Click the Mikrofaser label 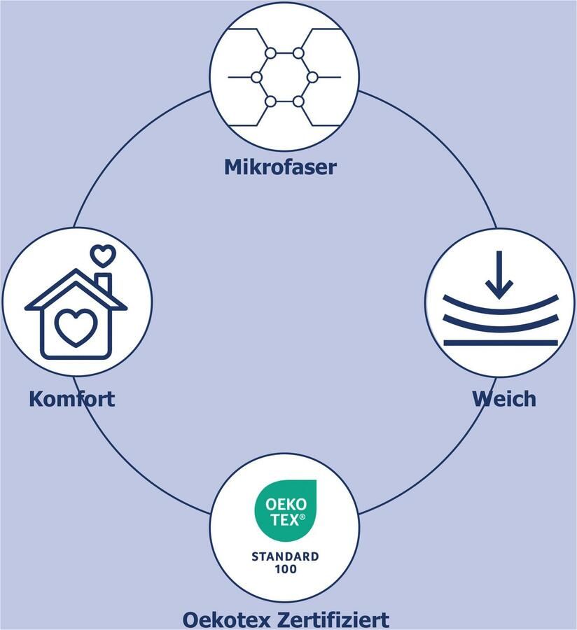click(280, 167)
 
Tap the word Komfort click(71, 399)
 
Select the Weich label click(503, 399)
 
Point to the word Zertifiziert click(337, 619)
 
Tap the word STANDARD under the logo click(285, 556)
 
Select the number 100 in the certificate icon click(285, 569)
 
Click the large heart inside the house click(76, 327)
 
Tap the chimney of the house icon click(104, 283)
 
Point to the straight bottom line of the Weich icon click(500, 343)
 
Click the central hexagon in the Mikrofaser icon click(284, 77)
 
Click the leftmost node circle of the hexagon click(256, 77)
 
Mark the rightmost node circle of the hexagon click(312, 77)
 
